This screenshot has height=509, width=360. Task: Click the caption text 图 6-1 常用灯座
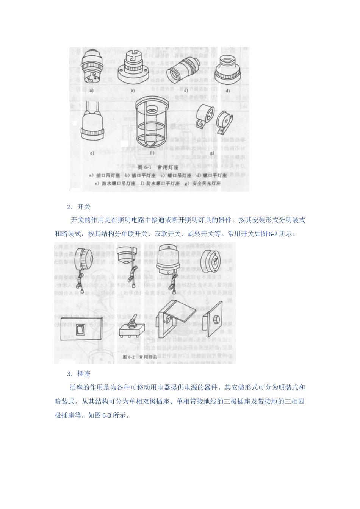(x=156, y=167)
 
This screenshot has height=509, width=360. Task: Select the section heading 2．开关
(x=79, y=207)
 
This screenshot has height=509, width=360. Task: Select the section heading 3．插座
(x=79, y=374)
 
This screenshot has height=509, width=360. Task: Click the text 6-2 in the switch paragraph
(x=273, y=234)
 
